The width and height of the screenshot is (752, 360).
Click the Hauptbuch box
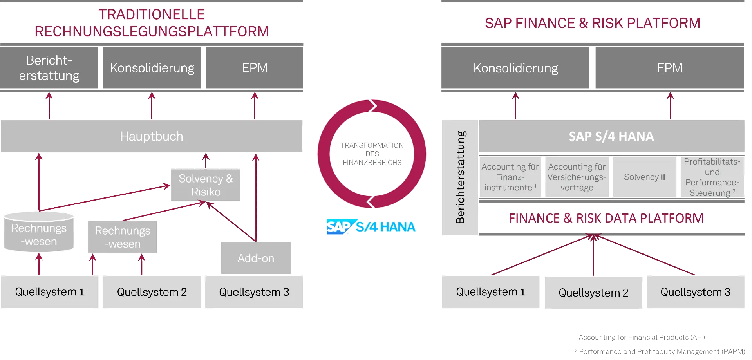tap(152, 136)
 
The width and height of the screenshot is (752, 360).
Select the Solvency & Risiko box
tap(206, 185)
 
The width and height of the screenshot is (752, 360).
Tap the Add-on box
tap(256, 258)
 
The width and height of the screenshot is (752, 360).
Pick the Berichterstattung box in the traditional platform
tap(49, 68)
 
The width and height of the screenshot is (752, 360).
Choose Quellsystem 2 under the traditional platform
tap(152, 292)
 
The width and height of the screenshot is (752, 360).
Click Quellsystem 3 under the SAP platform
tap(695, 292)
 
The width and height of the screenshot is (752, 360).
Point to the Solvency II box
tap(644, 177)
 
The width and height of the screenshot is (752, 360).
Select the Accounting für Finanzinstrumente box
tap(510, 177)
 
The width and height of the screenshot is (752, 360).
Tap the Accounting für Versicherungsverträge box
tap(577, 177)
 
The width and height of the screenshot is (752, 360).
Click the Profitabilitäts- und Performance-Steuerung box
tap(712, 177)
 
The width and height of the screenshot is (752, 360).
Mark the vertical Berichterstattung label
tap(460, 177)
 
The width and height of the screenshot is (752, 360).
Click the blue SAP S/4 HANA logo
tap(371, 226)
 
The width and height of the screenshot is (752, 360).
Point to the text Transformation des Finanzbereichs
tap(372, 154)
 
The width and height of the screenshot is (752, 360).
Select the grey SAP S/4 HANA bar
tap(611, 136)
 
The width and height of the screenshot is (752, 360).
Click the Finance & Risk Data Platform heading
tap(606, 218)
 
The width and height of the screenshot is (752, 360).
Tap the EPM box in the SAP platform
tap(669, 68)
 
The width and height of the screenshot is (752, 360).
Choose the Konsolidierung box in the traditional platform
tap(152, 68)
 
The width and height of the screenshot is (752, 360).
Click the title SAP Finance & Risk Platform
tap(592, 23)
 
